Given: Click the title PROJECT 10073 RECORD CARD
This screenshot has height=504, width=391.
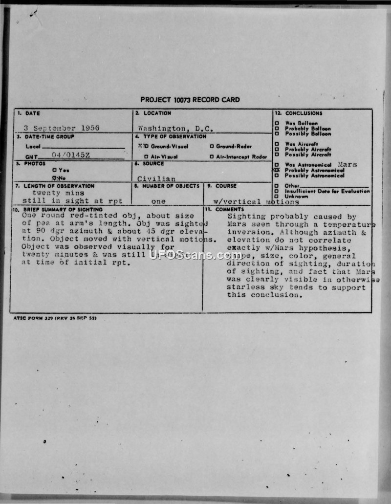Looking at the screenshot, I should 190,100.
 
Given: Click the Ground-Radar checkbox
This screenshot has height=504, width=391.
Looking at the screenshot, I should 212,146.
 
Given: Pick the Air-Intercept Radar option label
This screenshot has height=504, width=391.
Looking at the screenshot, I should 241,156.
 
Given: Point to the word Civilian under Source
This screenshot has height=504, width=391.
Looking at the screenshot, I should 156,179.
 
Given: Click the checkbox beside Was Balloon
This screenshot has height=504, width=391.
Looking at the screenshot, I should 277,123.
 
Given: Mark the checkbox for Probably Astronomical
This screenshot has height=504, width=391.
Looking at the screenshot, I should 277,170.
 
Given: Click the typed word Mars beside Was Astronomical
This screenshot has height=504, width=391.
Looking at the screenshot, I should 347,165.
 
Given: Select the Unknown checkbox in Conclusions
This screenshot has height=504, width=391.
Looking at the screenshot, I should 277,196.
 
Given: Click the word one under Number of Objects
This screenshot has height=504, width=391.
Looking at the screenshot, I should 158,201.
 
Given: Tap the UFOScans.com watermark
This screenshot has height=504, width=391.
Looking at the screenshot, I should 195,255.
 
